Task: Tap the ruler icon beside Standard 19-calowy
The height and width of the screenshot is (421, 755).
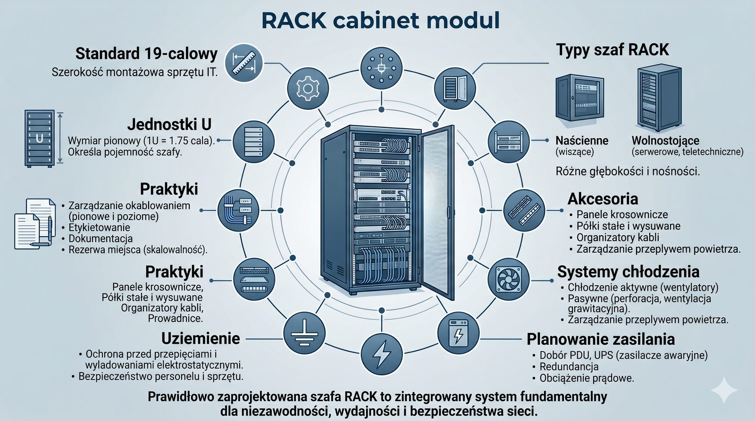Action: [x=244, y=61]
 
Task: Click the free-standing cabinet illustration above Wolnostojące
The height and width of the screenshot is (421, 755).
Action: [x=659, y=98]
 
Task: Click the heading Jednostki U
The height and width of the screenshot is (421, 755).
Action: [x=169, y=124]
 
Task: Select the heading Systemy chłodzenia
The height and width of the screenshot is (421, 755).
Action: [x=628, y=272]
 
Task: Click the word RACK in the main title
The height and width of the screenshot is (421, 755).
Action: [x=293, y=21]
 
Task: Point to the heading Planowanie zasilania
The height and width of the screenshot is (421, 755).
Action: [x=600, y=339]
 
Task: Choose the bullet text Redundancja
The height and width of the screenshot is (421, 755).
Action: [x=569, y=367]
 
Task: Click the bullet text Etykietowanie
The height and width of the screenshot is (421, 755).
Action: [x=99, y=228]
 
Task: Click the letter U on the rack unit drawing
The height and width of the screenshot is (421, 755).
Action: [x=39, y=138]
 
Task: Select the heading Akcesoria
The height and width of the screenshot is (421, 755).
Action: [x=603, y=198]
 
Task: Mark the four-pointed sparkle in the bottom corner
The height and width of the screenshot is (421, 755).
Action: [x=724, y=389]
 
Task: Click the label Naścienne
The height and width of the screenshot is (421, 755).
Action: [x=581, y=140]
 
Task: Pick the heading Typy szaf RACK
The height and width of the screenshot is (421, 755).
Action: [x=612, y=50]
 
